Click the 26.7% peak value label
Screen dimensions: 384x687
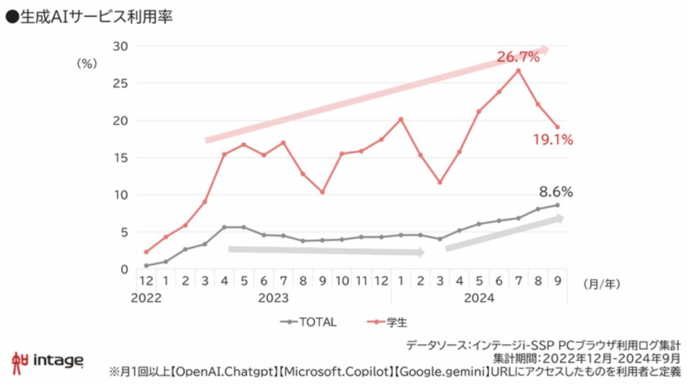518,57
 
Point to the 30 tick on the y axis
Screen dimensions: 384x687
121,46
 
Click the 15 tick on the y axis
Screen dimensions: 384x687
121,158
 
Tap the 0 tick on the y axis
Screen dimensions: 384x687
124,270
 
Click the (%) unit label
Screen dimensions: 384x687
87,64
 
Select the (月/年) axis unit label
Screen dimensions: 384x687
601,284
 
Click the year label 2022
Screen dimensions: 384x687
146,298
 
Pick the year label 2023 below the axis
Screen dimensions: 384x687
273,298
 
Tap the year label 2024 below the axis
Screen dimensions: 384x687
478,298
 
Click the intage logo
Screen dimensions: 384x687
48,361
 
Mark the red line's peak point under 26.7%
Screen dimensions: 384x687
518,70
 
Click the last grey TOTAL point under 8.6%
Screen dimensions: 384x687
557,205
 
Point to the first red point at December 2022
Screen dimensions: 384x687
146,252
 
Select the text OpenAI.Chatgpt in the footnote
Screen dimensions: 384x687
226,371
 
